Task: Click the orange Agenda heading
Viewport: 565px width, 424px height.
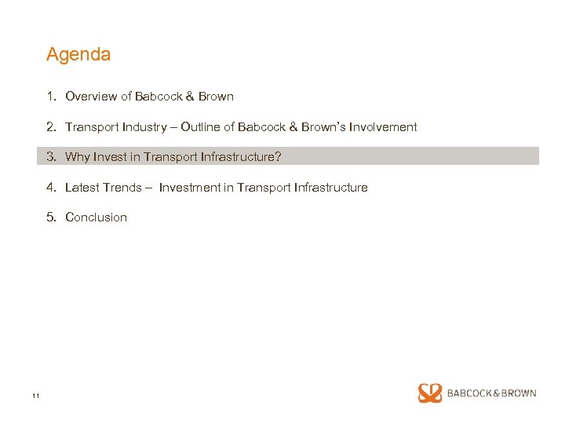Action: [x=78, y=55]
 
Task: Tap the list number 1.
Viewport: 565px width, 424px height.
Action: [x=50, y=97]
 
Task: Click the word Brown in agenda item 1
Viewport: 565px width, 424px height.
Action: [x=216, y=97]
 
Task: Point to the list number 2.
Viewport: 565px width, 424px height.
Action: [x=50, y=126]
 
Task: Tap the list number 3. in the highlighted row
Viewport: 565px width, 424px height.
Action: [x=51, y=156]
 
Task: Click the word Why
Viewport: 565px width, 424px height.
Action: [x=78, y=156]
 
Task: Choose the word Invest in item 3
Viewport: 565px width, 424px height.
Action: [x=111, y=156]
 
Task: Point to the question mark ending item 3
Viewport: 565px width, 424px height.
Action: [x=278, y=156]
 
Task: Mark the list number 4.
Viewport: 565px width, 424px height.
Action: [x=50, y=187]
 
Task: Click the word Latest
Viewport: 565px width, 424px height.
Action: [x=82, y=187]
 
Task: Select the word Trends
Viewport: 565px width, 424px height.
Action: [x=122, y=187]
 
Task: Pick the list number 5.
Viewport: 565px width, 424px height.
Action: [x=50, y=217]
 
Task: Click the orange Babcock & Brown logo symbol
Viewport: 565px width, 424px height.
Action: [x=430, y=393]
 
